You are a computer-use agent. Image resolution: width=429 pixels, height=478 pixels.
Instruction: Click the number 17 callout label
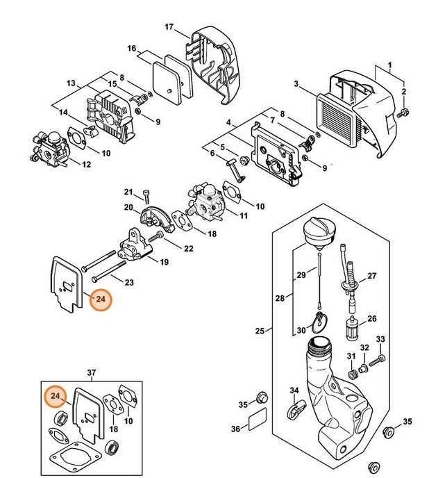click(x=168, y=26)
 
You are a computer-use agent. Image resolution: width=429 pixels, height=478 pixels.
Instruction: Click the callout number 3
click(x=296, y=84)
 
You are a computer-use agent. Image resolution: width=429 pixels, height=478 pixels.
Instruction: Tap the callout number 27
click(x=371, y=276)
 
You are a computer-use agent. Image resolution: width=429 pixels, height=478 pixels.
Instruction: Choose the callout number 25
click(x=260, y=330)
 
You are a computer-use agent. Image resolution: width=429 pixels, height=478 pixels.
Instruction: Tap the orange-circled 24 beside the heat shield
click(x=101, y=299)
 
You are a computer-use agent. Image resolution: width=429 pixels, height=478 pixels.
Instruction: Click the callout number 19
click(x=165, y=261)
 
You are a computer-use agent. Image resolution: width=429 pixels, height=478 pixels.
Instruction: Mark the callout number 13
click(x=70, y=83)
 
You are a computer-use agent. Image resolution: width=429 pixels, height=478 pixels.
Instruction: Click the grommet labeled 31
click(x=352, y=374)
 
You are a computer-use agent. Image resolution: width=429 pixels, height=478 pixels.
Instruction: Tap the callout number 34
click(x=294, y=390)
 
